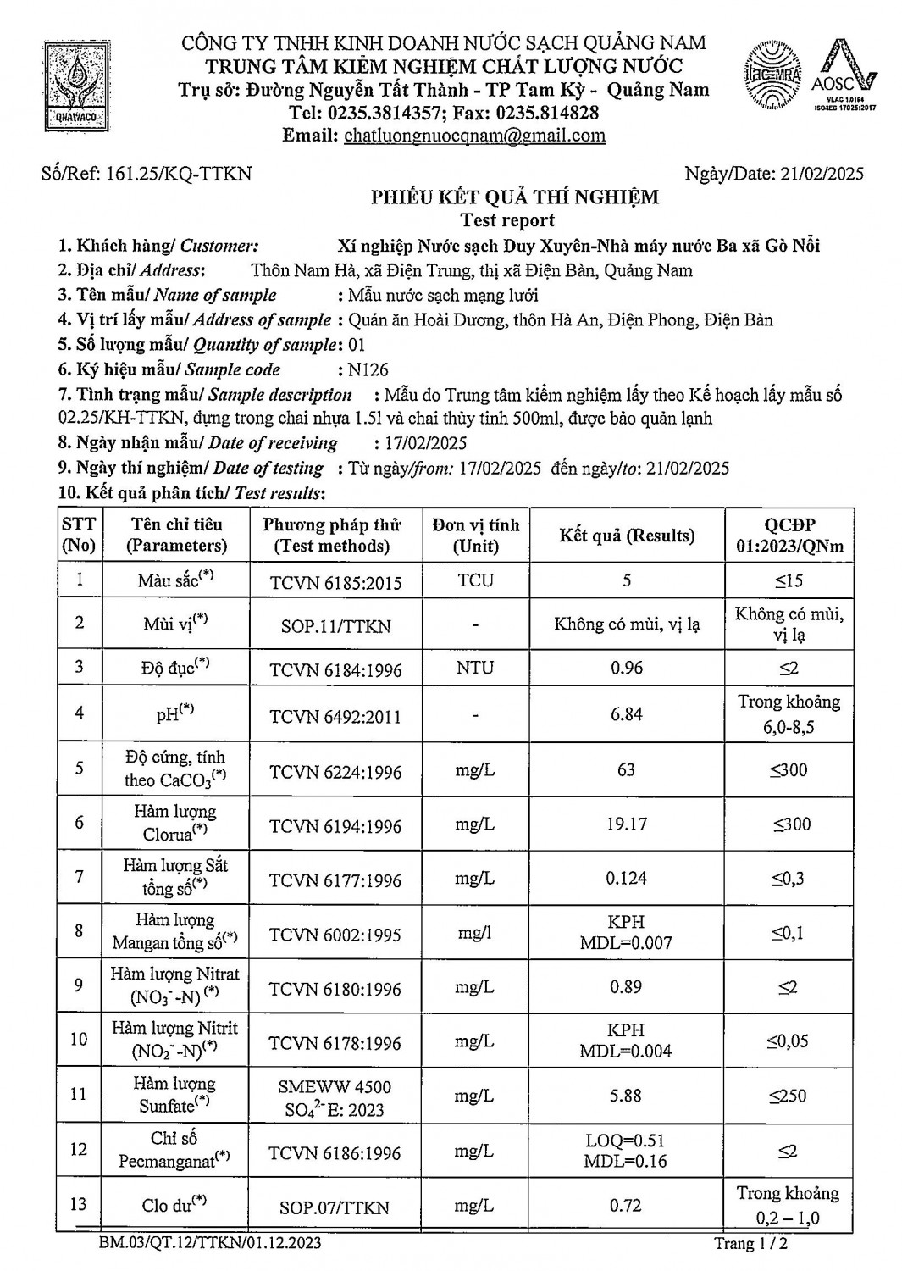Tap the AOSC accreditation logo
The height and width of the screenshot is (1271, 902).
point(844,76)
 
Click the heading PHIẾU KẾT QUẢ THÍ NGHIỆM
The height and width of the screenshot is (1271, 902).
point(514,197)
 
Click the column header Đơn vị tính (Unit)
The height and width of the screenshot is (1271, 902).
point(475,536)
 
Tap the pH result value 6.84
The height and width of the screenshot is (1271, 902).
point(626,714)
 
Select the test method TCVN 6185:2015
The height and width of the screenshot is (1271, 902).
point(335,583)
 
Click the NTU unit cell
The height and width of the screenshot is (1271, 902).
point(474,668)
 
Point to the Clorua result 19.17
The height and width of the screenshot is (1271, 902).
point(626,824)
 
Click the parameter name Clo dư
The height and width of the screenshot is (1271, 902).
point(174,1204)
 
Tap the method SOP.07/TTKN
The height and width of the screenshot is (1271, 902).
point(335,1207)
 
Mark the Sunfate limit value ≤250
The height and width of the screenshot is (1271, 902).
point(788,1096)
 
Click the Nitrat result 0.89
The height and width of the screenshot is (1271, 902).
point(626,987)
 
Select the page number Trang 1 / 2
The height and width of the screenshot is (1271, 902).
point(750,1244)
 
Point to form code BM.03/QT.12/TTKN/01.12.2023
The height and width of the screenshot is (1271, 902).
point(209,1243)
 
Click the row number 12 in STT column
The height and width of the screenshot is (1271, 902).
point(79,1149)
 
